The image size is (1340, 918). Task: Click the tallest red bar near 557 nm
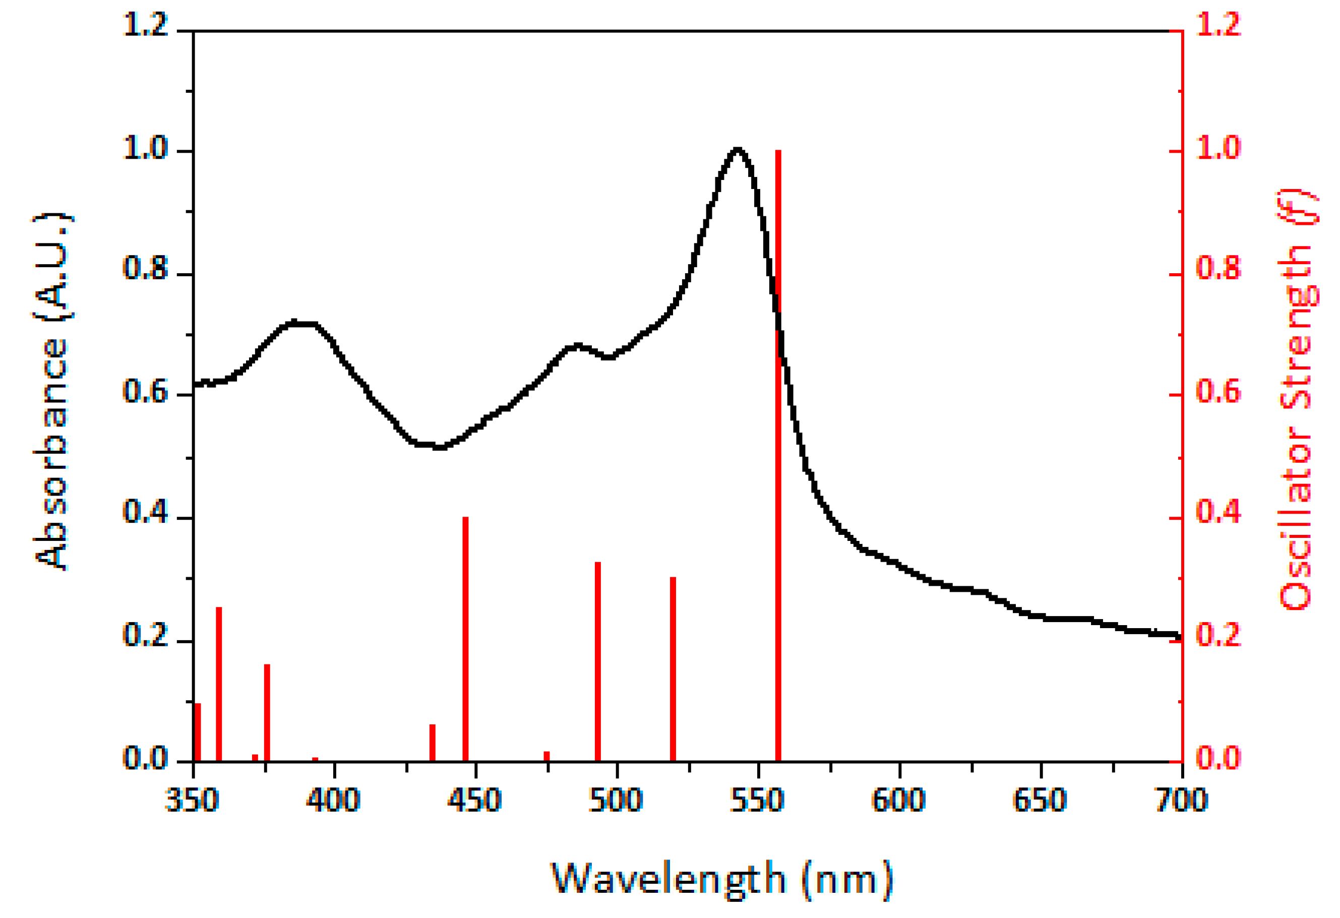(778, 456)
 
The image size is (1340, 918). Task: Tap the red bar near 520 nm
(673, 669)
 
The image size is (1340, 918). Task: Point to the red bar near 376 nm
(267, 713)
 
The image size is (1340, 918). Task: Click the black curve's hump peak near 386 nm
(294, 323)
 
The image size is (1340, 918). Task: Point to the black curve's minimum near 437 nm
(440, 447)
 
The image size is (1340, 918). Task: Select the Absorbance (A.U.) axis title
(52, 392)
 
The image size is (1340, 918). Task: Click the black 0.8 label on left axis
(145, 269)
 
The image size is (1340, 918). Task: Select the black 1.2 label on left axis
(145, 26)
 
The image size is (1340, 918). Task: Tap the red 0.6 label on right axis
(1219, 392)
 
